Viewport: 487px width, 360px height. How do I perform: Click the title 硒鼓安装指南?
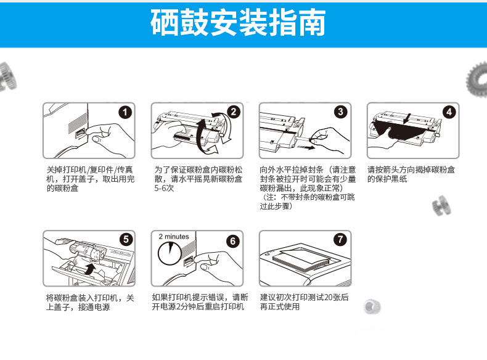tap(238, 22)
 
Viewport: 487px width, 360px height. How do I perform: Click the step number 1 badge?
tap(125, 112)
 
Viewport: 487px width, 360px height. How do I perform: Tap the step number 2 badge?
tap(234, 112)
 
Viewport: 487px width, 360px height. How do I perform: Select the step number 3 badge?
tap(341, 112)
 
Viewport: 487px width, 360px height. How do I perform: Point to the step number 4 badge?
tap(449, 112)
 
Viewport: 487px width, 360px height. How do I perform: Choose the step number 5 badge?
tap(126, 239)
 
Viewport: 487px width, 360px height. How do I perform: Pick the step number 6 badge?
tap(233, 241)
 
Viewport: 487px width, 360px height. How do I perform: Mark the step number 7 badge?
tap(340, 239)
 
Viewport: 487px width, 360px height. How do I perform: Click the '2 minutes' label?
tap(174, 236)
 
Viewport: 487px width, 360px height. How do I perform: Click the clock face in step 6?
tap(170, 253)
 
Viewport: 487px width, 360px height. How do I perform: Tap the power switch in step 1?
tap(80, 134)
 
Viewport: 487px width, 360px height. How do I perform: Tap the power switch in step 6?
tap(188, 261)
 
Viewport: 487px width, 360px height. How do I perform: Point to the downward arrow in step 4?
tap(408, 118)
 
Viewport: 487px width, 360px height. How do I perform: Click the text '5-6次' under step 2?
tap(164, 188)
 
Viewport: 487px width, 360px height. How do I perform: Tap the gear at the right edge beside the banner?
tap(477, 79)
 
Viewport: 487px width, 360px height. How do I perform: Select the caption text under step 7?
tap(304, 302)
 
